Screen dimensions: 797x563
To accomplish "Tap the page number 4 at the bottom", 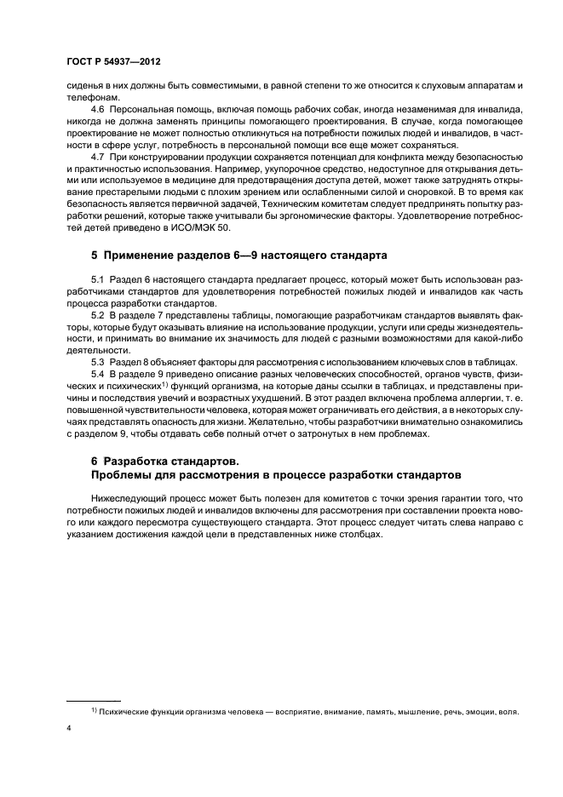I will pyautogui.click(x=69, y=729).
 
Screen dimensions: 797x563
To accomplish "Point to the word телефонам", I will pyautogui.click(x=89, y=98).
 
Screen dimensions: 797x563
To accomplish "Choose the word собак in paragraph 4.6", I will pyautogui.click(x=315, y=110).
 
